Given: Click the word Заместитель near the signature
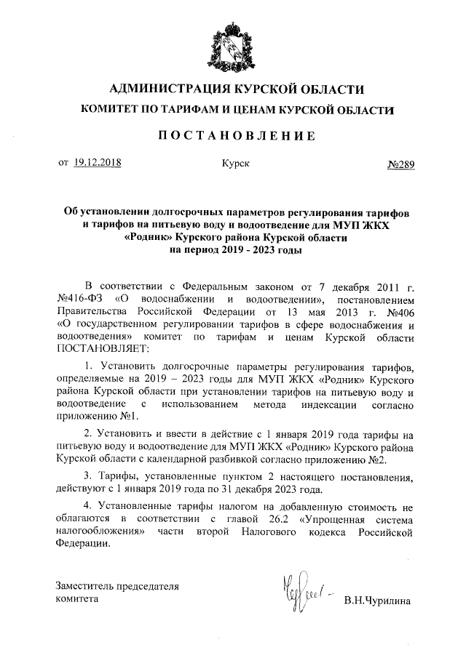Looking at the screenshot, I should pyautogui.click(x=84, y=586).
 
